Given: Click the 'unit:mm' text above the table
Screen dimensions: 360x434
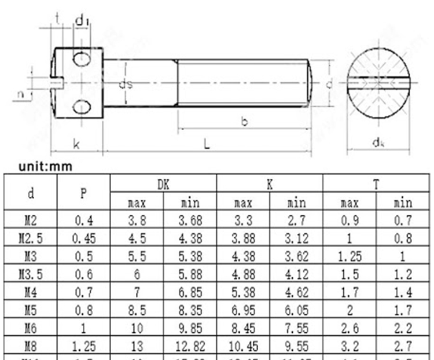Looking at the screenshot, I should pos(46,167).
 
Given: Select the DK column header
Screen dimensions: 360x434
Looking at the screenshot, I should pos(163,185).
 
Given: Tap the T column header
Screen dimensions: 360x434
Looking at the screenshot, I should pos(376,185).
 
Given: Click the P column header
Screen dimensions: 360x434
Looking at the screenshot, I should pos(83,194).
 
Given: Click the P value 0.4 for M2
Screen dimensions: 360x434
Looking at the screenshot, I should pos(83,220).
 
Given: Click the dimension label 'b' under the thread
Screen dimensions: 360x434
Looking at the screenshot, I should pos(244,122).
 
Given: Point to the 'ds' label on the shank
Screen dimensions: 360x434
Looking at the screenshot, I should pos(126,85).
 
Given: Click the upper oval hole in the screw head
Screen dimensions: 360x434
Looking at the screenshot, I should pos(82,59).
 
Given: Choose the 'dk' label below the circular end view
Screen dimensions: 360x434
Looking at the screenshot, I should pos(379,142).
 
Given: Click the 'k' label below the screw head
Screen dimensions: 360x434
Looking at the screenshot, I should pos(76,143).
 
